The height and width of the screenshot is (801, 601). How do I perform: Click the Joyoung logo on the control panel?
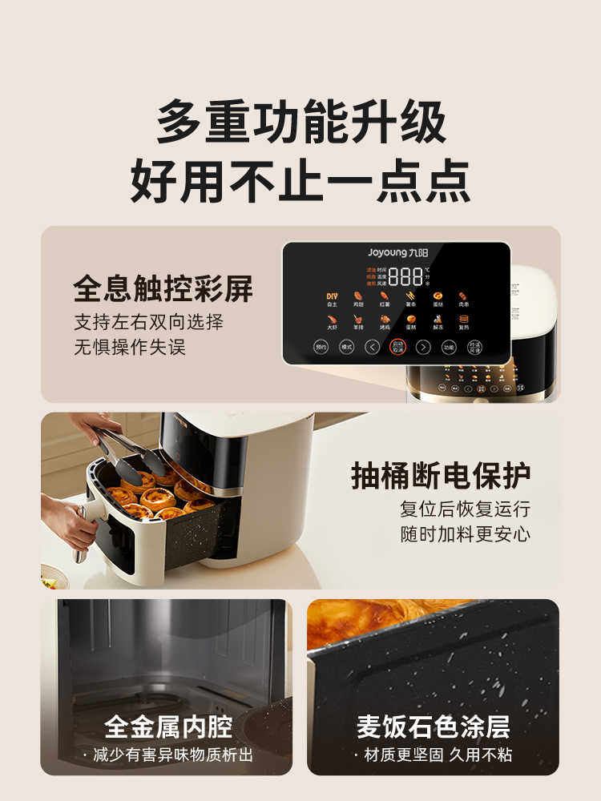(397, 252)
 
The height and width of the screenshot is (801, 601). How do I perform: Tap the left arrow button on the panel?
(372, 347)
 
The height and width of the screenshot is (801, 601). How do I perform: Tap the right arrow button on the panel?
(423, 347)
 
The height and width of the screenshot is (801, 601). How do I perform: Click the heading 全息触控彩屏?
(163, 289)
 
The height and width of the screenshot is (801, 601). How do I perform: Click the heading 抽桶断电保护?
(441, 475)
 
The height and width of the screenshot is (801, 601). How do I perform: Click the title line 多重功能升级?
(300, 122)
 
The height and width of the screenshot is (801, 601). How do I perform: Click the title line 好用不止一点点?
(300, 182)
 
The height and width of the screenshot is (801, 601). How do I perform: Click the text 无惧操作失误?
(130, 348)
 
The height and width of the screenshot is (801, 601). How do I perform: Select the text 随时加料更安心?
(465, 534)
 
